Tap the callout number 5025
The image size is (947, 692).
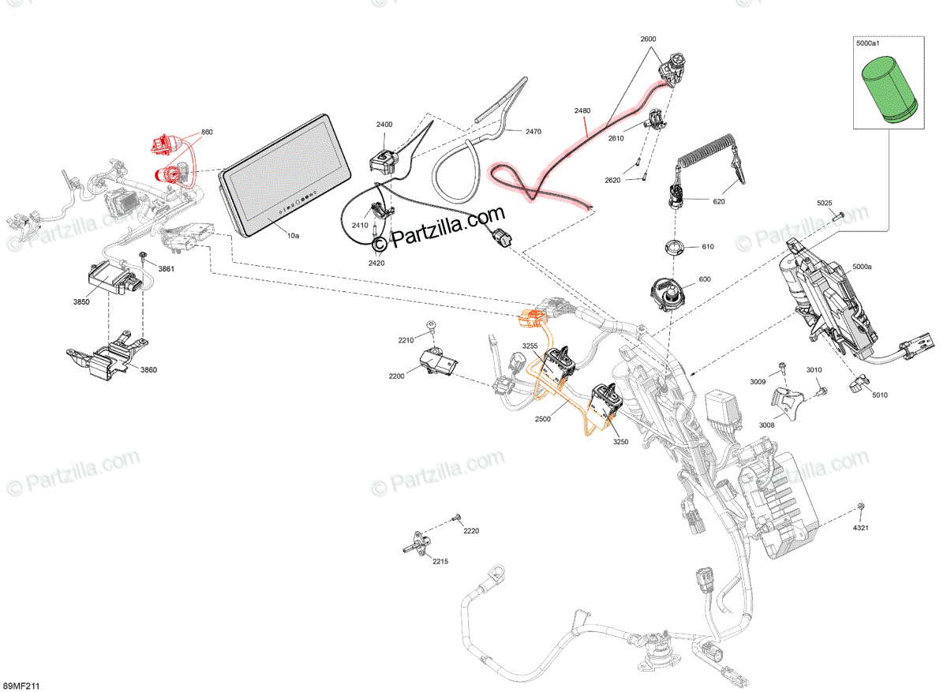coord(824,204)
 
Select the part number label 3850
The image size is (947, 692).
coord(81,301)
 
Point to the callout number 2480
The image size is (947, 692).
coord(582,111)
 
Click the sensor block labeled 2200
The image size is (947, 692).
coord(439,364)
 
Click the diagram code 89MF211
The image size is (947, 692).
coord(22,686)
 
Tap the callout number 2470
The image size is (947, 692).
coord(533,132)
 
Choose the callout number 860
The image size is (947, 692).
coord(207,132)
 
